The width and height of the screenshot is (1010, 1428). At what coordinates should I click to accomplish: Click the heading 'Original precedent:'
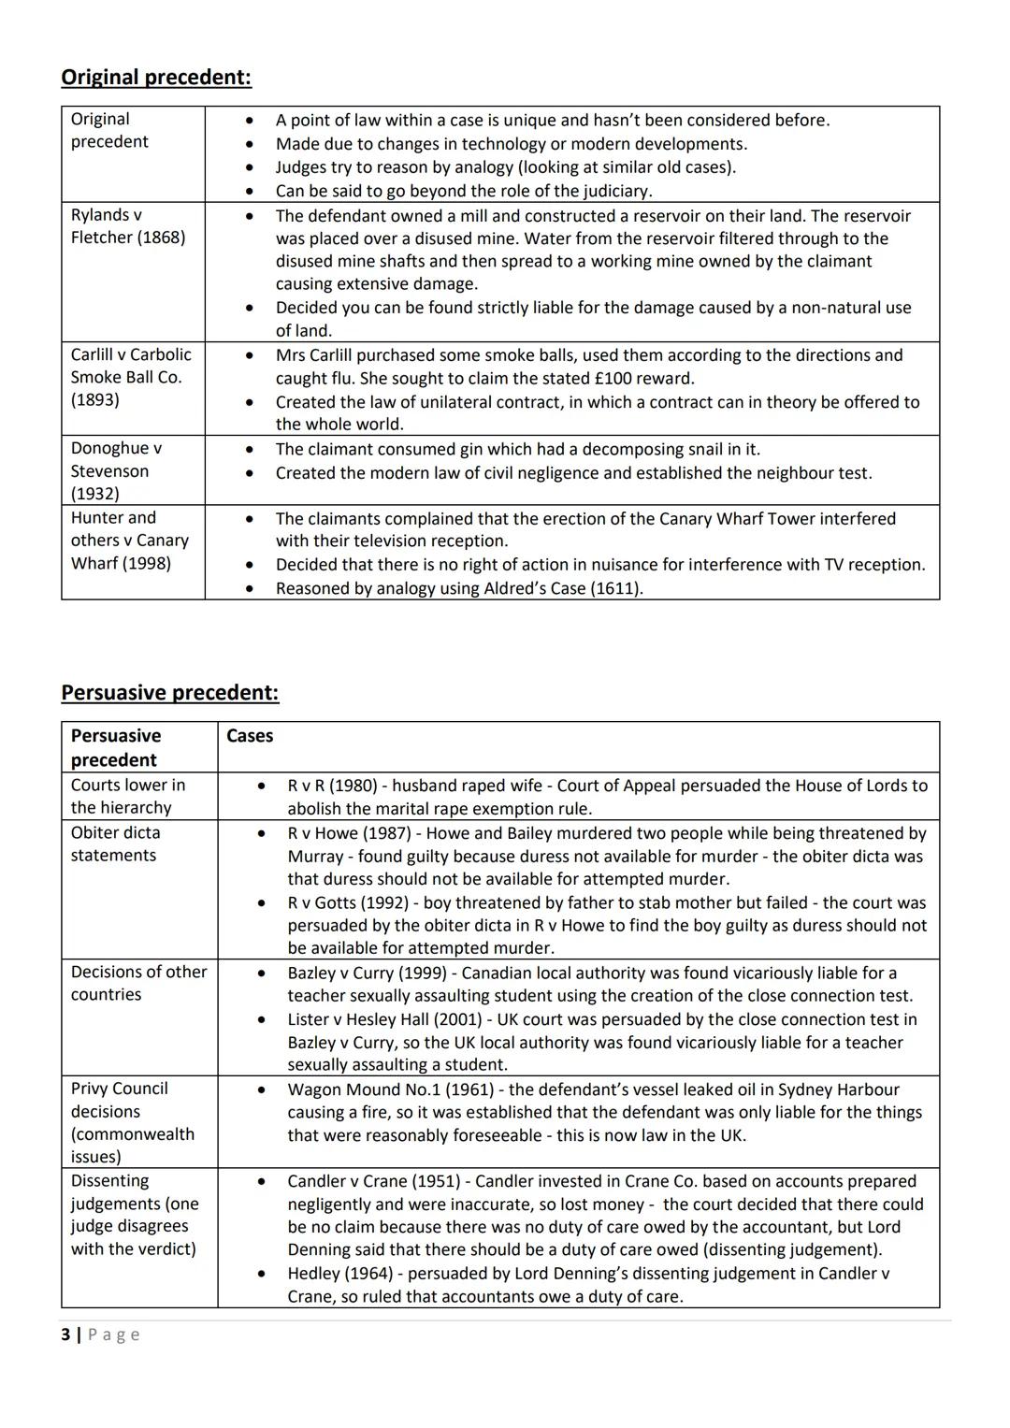pyautogui.click(x=155, y=77)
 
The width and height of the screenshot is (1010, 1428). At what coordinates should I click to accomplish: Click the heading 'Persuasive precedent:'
pyautogui.click(x=169, y=692)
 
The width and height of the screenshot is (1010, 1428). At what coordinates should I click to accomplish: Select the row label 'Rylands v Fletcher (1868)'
pyautogui.click(x=128, y=226)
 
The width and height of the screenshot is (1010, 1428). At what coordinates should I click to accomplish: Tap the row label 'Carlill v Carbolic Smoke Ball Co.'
pyautogui.click(x=131, y=377)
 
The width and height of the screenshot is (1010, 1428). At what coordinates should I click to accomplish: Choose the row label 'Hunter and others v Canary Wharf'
pyautogui.click(x=129, y=541)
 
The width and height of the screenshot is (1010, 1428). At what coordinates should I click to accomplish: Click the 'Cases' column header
pyautogui.click(x=250, y=736)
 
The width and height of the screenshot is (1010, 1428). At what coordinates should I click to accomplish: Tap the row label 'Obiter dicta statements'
pyautogui.click(x=115, y=844)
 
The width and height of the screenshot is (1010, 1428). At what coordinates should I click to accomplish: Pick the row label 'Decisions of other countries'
pyautogui.click(x=138, y=983)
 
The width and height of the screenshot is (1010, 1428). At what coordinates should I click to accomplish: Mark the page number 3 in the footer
pyautogui.click(x=65, y=1334)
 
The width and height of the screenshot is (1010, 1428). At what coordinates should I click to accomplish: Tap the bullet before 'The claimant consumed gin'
pyautogui.click(x=249, y=450)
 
